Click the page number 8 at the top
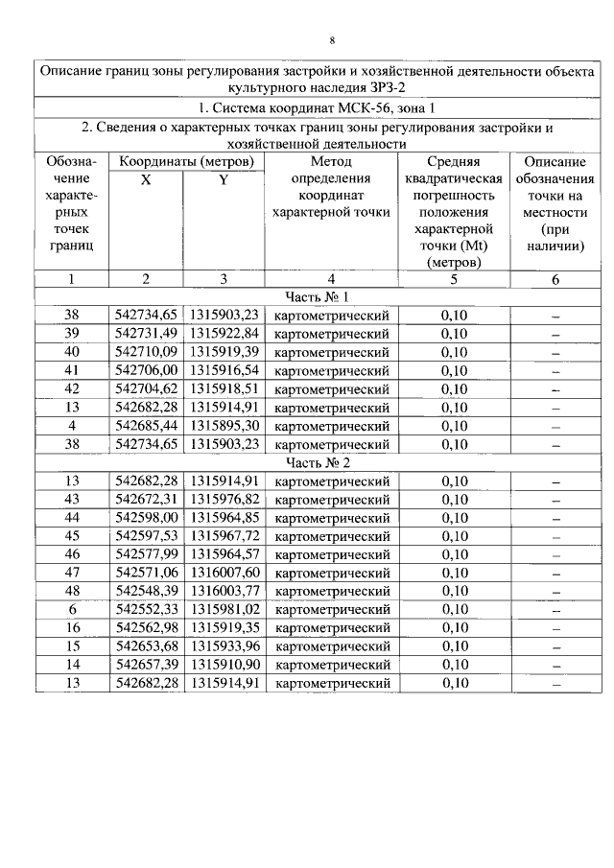pyautogui.click(x=332, y=40)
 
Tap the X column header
pyautogui.click(x=145, y=179)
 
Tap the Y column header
pyautogui.click(x=223, y=179)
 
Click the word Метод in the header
pyautogui.click(x=331, y=161)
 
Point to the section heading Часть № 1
pyautogui.click(x=318, y=296)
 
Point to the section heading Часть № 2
pyautogui.click(x=318, y=462)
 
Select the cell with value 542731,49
pyautogui.click(x=146, y=333)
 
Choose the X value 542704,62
pyautogui.click(x=146, y=388)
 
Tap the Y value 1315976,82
pyautogui.click(x=224, y=499)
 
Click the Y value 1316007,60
pyautogui.click(x=224, y=573)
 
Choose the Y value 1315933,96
pyautogui.click(x=224, y=646)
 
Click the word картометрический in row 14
pyautogui.click(x=331, y=665)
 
